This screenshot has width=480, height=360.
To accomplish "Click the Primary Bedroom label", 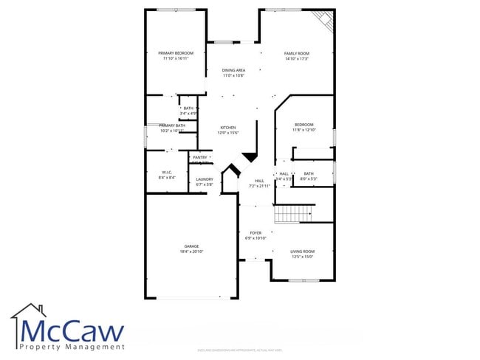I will pos(176,53).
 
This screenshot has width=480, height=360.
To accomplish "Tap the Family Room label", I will pos(297,53).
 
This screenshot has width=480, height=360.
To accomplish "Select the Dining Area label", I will pos(233,70).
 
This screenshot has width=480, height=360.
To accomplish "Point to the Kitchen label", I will pos(227,128).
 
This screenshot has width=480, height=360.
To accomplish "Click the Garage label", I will pos(191,246).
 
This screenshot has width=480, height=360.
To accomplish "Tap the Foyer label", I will pos(256,233).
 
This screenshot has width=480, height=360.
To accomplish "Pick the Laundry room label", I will pos(205,179).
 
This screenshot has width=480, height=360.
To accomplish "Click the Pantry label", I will pos(200,157).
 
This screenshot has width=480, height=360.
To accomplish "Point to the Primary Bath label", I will pos(172,126).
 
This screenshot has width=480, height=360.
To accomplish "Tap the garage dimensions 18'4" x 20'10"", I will pos(191,252).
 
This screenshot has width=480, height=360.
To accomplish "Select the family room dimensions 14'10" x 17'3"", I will pos(297,59).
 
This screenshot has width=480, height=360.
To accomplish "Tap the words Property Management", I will pos(72,346).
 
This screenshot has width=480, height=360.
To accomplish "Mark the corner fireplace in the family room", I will pos(323,19).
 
